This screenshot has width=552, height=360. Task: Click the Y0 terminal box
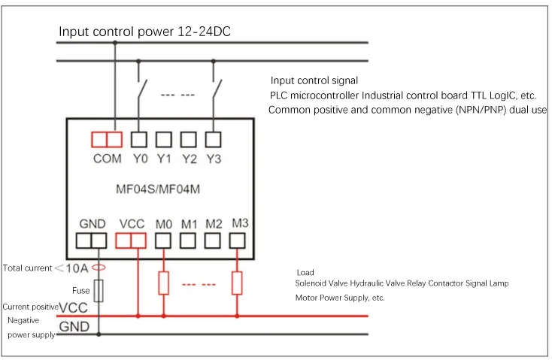(138, 139)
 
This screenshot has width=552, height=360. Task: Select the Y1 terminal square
(164, 139)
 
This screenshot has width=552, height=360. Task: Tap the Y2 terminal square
(188, 139)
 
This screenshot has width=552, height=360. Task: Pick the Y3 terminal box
(213, 139)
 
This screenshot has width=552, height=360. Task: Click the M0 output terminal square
(163, 241)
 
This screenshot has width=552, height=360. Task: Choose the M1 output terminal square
(188, 241)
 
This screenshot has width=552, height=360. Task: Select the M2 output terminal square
(213, 241)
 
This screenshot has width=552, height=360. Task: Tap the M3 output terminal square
(238, 241)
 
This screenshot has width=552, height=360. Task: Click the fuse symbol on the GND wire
(99, 291)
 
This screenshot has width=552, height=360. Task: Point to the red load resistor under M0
(163, 283)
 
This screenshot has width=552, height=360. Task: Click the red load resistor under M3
(237, 283)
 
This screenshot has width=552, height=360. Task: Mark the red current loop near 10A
(99, 268)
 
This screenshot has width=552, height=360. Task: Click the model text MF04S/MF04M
(158, 189)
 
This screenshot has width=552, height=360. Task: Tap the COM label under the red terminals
(107, 159)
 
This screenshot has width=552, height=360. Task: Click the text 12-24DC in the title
(205, 32)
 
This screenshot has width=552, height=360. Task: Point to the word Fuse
(81, 291)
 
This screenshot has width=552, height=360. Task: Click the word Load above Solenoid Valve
(305, 272)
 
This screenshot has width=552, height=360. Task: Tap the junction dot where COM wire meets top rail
(115, 43)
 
